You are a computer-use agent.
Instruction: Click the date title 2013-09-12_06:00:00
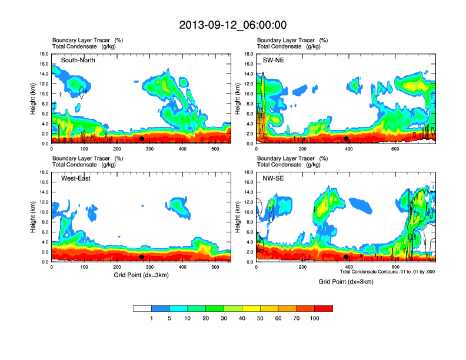(232, 25)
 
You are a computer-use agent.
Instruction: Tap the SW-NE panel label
(274, 60)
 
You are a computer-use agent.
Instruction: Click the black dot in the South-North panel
(142, 139)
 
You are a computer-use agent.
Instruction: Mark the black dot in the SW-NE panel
(347, 139)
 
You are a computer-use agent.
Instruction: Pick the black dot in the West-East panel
(142, 256)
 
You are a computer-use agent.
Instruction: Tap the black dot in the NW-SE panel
(347, 256)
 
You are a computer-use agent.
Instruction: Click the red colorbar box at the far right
(324, 308)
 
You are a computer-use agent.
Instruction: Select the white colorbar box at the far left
(142, 308)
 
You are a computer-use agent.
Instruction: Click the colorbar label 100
(315, 318)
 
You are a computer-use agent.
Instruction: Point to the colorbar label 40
(242, 318)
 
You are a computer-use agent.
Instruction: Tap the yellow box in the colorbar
(251, 308)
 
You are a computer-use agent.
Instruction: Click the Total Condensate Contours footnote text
(387, 272)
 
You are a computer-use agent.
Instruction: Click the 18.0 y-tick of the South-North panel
(43, 54)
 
